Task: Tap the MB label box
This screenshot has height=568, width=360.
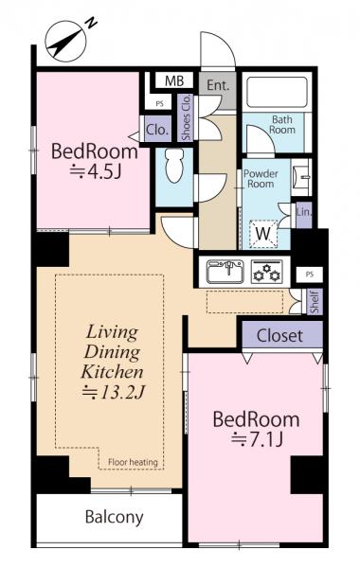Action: coord(174,82)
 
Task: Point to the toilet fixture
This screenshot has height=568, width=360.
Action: coord(174,170)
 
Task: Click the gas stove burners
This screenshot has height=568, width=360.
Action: coord(269,272)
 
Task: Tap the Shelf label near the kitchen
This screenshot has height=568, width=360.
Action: coord(315,302)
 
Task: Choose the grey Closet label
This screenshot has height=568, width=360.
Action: coord(279,335)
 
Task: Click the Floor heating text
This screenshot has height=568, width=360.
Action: coord(132,462)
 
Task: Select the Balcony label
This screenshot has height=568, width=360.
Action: coord(114,517)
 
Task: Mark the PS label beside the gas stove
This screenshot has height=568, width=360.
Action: coord(307,273)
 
